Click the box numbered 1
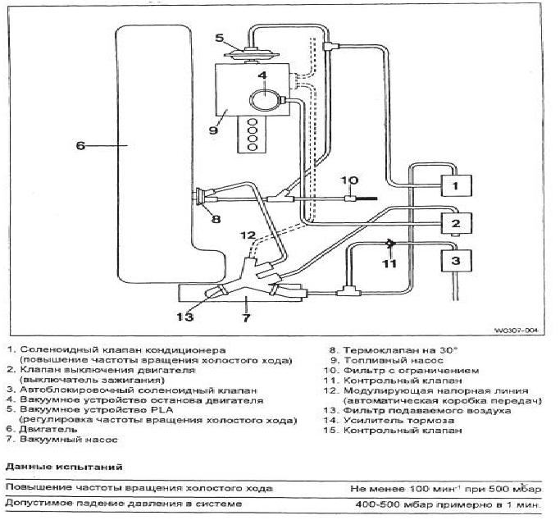[457, 185]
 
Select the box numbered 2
[457, 223]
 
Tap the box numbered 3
[457, 261]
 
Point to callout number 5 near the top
[219, 38]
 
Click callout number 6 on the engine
[80, 145]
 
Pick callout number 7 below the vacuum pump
[247, 317]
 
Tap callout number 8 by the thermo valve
[216, 218]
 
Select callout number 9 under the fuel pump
[213, 130]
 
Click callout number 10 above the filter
[349, 180]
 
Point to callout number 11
[389, 263]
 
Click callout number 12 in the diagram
[248, 235]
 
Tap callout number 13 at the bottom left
[185, 317]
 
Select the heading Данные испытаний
[64, 467]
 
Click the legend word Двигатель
[48, 429]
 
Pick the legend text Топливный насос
[394, 361]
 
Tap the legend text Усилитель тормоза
[398, 421]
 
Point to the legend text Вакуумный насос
[69, 439]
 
